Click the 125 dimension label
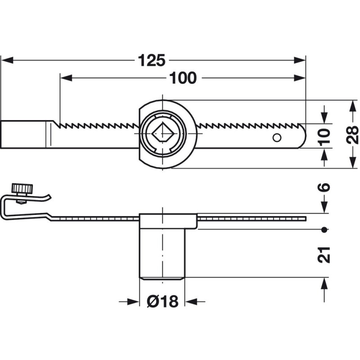pos(152,60)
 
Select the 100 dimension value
pos(184,78)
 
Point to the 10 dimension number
pos(324,135)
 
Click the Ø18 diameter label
pos(162,301)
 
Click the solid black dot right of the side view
pos(324,229)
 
